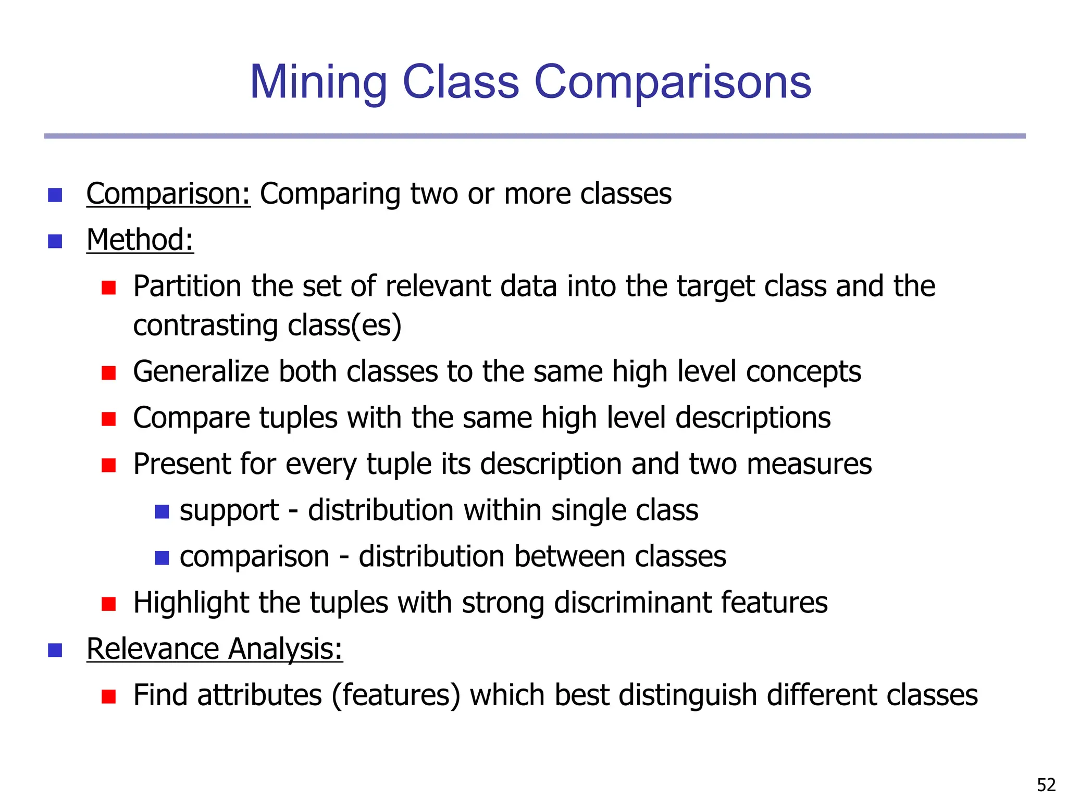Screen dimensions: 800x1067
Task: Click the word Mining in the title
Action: click(x=318, y=82)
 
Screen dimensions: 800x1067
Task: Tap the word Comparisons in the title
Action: click(x=673, y=82)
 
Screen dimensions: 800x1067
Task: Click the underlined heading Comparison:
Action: click(x=168, y=194)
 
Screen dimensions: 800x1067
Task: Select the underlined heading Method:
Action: click(x=140, y=240)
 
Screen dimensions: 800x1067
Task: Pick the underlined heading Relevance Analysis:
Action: click(x=215, y=649)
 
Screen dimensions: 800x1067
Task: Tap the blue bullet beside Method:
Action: click(x=55, y=241)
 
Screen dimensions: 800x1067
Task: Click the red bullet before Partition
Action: click(x=108, y=287)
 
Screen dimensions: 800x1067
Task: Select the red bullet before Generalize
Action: click(x=108, y=373)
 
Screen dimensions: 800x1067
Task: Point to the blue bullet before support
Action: click(x=162, y=511)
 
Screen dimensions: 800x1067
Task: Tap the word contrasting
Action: click(x=205, y=326)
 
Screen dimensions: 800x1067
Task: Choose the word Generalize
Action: click(x=201, y=372)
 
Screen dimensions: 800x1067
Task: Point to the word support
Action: click(x=229, y=511)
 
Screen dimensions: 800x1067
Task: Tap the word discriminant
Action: click(x=632, y=603)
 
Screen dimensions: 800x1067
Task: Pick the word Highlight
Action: click(x=191, y=603)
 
